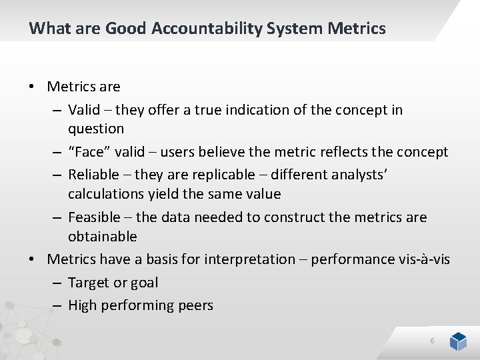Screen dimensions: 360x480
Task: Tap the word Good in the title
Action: coord(126,29)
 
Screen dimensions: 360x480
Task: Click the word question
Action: coord(96,129)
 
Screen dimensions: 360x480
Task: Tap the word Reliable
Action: coord(94,175)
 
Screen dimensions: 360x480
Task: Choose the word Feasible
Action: coord(95,217)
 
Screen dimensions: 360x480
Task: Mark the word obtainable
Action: coord(103,237)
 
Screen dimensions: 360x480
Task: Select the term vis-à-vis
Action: coord(424,259)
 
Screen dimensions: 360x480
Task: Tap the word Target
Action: coord(89,283)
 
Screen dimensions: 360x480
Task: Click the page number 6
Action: coord(432,341)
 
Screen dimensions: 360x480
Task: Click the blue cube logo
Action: coord(458,341)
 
